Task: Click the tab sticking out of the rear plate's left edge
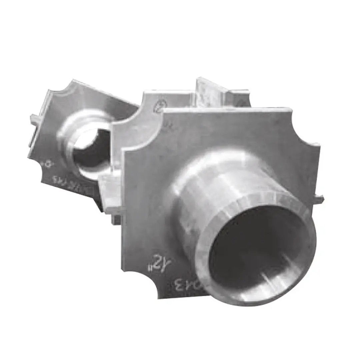(34, 117)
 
